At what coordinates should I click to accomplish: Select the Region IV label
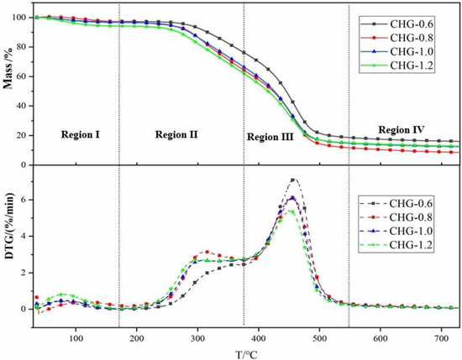coord(401,129)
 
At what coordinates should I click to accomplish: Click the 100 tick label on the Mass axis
coord(18,17)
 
